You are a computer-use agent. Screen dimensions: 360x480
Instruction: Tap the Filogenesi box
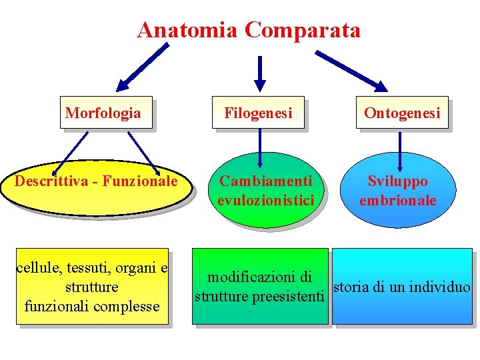(x=258, y=113)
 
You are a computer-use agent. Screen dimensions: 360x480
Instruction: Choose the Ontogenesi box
(x=402, y=113)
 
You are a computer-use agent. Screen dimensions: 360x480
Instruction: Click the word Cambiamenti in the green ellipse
(x=266, y=181)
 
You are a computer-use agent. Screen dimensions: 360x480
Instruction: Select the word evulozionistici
(x=265, y=200)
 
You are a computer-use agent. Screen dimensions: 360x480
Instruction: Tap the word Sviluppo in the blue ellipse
(x=398, y=181)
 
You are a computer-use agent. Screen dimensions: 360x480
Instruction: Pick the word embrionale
(x=398, y=200)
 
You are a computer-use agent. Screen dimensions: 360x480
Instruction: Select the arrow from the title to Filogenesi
(x=260, y=72)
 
